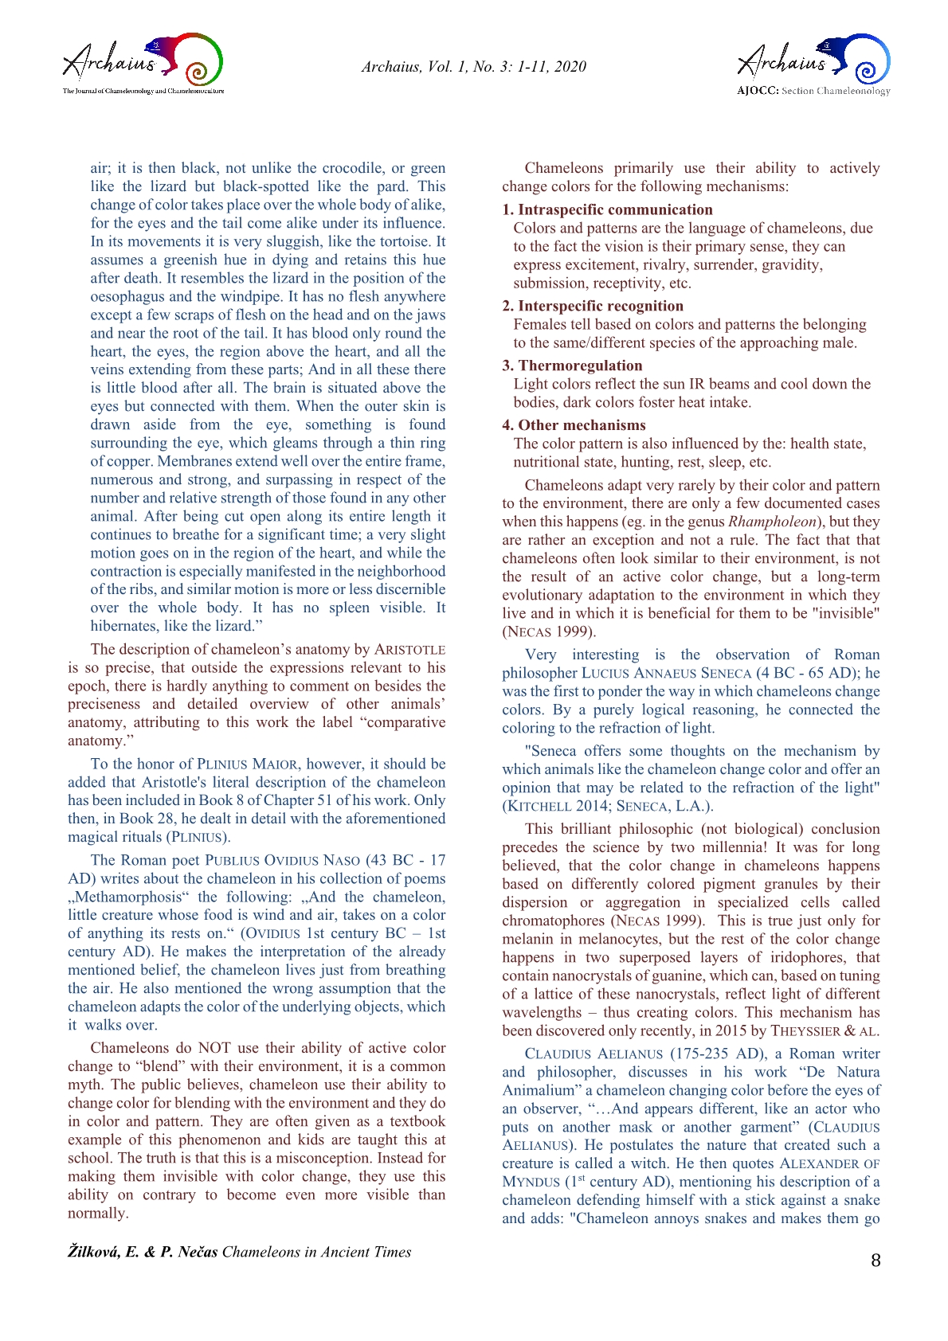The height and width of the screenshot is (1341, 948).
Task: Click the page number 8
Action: [876, 1261]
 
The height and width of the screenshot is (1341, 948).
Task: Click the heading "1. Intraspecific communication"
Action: [607, 209]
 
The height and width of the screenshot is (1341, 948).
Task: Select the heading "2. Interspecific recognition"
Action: [593, 306]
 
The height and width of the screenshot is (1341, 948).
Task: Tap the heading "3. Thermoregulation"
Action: [572, 366]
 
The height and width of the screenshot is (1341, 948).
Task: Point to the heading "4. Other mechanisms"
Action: [574, 425]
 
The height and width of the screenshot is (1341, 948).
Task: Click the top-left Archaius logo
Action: [143, 64]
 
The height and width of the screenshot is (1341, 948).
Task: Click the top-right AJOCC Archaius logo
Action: [813, 65]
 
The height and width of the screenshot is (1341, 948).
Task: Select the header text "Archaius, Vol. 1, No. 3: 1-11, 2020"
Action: [473, 67]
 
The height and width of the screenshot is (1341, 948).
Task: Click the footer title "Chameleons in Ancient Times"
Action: [316, 1252]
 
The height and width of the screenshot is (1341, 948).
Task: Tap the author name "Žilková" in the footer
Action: [94, 1252]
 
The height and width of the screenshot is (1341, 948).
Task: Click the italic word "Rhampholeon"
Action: [772, 522]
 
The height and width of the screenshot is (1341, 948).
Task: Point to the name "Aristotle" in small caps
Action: [409, 650]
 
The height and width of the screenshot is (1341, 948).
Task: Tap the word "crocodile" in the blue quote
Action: [353, 168]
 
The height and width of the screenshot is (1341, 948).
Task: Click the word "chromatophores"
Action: [553, 921]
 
